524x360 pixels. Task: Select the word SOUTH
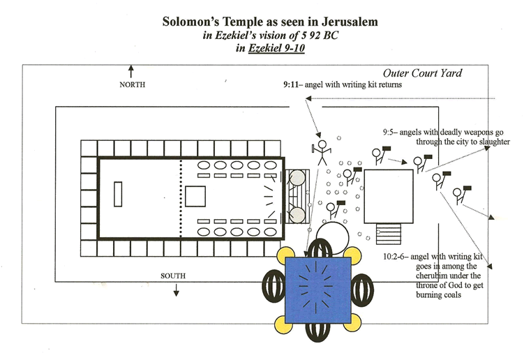[172, 276]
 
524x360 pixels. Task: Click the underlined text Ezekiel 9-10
[274, 48]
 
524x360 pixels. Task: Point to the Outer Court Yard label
[422, 73]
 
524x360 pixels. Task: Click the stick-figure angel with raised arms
[322, 151]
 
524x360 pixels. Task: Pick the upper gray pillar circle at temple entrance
[299, 179]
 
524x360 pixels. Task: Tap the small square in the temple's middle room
[195, 196]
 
